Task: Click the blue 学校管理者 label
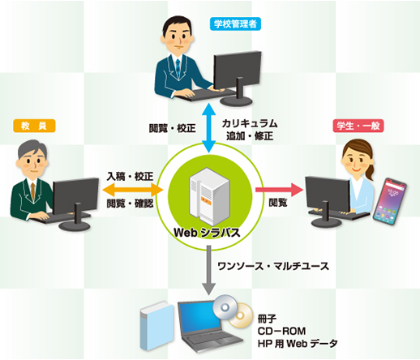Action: (x=235, y=24)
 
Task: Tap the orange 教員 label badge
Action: (x=34, y=126)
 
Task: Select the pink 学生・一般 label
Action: (x=358, y=126)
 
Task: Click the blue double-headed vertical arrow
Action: (x=209, y=127)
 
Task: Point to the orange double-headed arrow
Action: (x=133, y=190)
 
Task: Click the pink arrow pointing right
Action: (x=279, y=190)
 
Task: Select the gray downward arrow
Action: (x=209, y=270)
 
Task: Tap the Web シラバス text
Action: (x=207, y=233)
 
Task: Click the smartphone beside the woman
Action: (x=390, y=201)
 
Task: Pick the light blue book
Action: (x=156, y=326)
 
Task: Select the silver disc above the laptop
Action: (x=225, y=307)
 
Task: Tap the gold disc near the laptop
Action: (x=242, y=316)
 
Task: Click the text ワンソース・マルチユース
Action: (x=273, y=266)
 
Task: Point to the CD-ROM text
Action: (x=281, y=331)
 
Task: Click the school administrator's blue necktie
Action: (x=178, y=67)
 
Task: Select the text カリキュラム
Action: (x=250, y=123)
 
